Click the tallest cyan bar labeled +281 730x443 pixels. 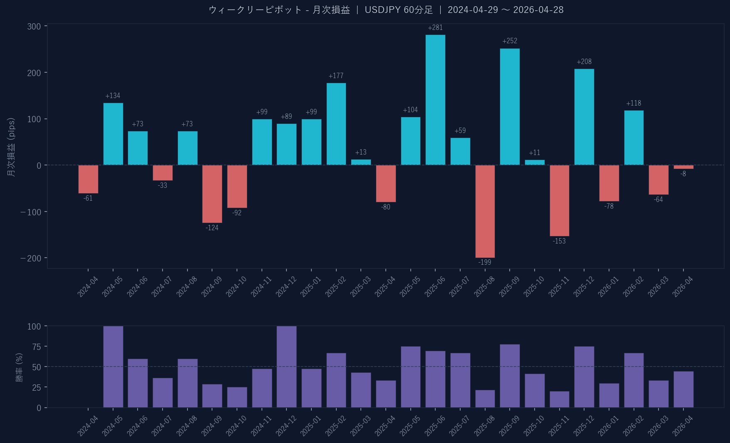pyautogui.click(x=435, y=100)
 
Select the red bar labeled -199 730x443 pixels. pyautogui.click(x=485, y=211)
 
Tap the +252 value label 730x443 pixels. pyautogui.click(x=510, y=41)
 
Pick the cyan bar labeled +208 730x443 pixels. pyautogui.click(x=584, y=117)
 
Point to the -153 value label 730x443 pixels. pyautogui.click(x=559, y=241)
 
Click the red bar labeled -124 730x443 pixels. pyautogui.click(x=212, y=194)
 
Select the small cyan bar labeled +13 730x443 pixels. pyautogui.click(x=361, y=162)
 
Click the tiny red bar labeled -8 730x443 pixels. pyautogui.click(x=683, y=167)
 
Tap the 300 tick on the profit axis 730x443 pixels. pyautogui.click(x=34, y=27)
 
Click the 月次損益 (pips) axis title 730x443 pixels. pyautogui.click(x=11, y=147)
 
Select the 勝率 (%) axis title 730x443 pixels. pyautogui.click(x=19, y=367)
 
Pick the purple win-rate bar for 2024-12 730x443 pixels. pyautogui.click(x=286, y=367)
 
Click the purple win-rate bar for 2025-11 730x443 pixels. pyautogui.click(x=559, y=399)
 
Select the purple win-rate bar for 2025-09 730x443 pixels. pyautogui.click(x=510, y=376)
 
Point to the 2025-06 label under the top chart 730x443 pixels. pyautogui.click(x=435, y=287)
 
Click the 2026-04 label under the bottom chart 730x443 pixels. pyautogui.click(x=683, y=426)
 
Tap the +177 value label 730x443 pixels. pyautogui.click(x=336, y=76)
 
